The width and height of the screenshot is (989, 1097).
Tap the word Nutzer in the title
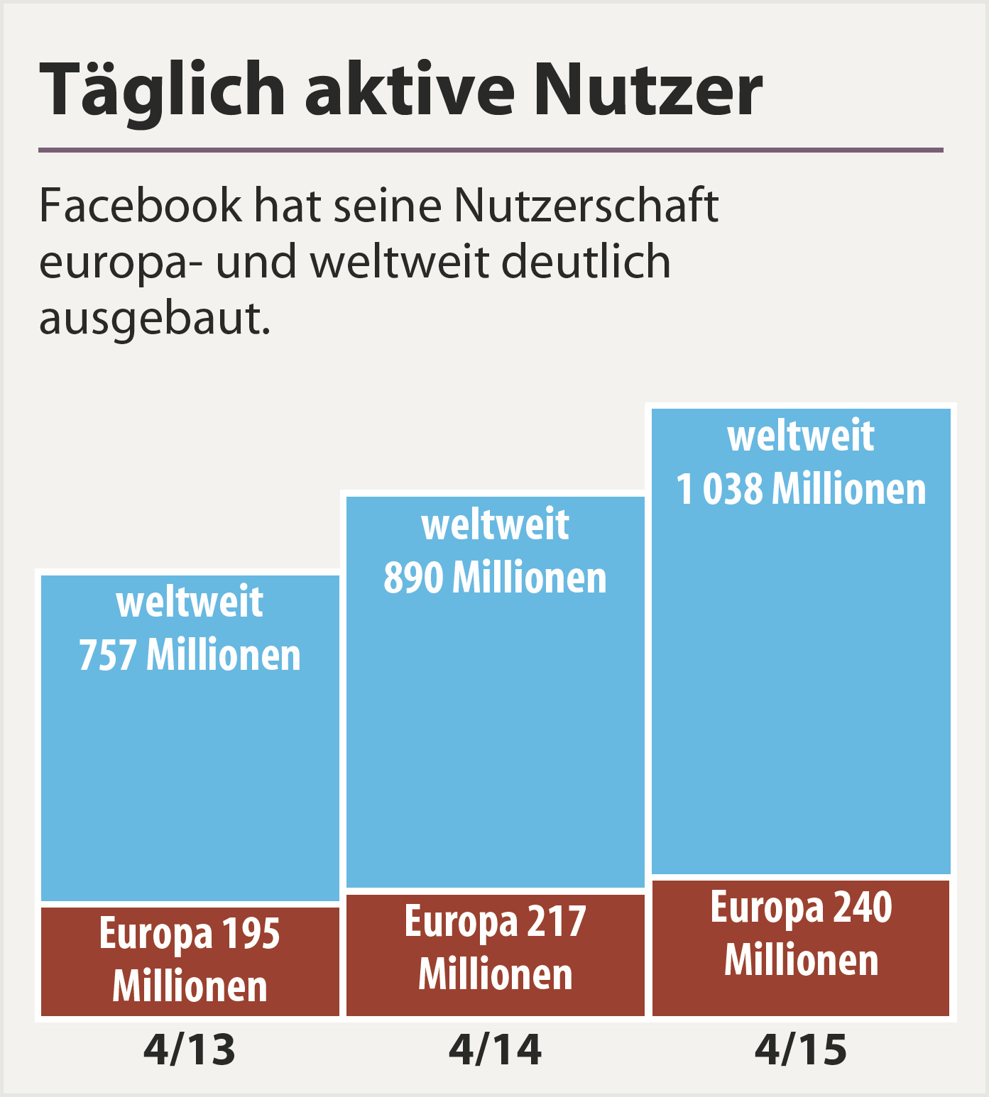(648, 89)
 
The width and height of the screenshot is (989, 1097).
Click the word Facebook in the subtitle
(140, 206)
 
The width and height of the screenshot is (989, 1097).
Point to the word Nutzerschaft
(586, 206)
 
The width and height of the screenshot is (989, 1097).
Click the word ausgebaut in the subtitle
(154, 319)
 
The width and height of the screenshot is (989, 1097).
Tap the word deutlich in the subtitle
(586, 262)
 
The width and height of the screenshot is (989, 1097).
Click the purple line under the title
(490, 150)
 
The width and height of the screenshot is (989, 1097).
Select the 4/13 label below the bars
(189, 1049)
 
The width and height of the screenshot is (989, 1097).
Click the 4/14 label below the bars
(495, 1049)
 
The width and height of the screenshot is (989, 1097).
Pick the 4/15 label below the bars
(800, 1049)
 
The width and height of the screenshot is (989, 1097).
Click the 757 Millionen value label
(190, 655)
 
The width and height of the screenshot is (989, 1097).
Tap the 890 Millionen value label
(495, 578)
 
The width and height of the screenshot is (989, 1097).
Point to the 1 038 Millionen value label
(801, 490)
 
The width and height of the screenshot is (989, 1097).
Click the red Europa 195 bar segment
(190, 961)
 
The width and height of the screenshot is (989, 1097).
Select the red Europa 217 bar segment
(495, 954)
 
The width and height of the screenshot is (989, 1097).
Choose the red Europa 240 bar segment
(801, 947)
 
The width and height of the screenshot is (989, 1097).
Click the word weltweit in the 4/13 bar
(190, 602)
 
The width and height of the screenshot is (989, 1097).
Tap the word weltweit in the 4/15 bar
(801, 436)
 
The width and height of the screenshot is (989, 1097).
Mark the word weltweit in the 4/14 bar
(495, 525)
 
